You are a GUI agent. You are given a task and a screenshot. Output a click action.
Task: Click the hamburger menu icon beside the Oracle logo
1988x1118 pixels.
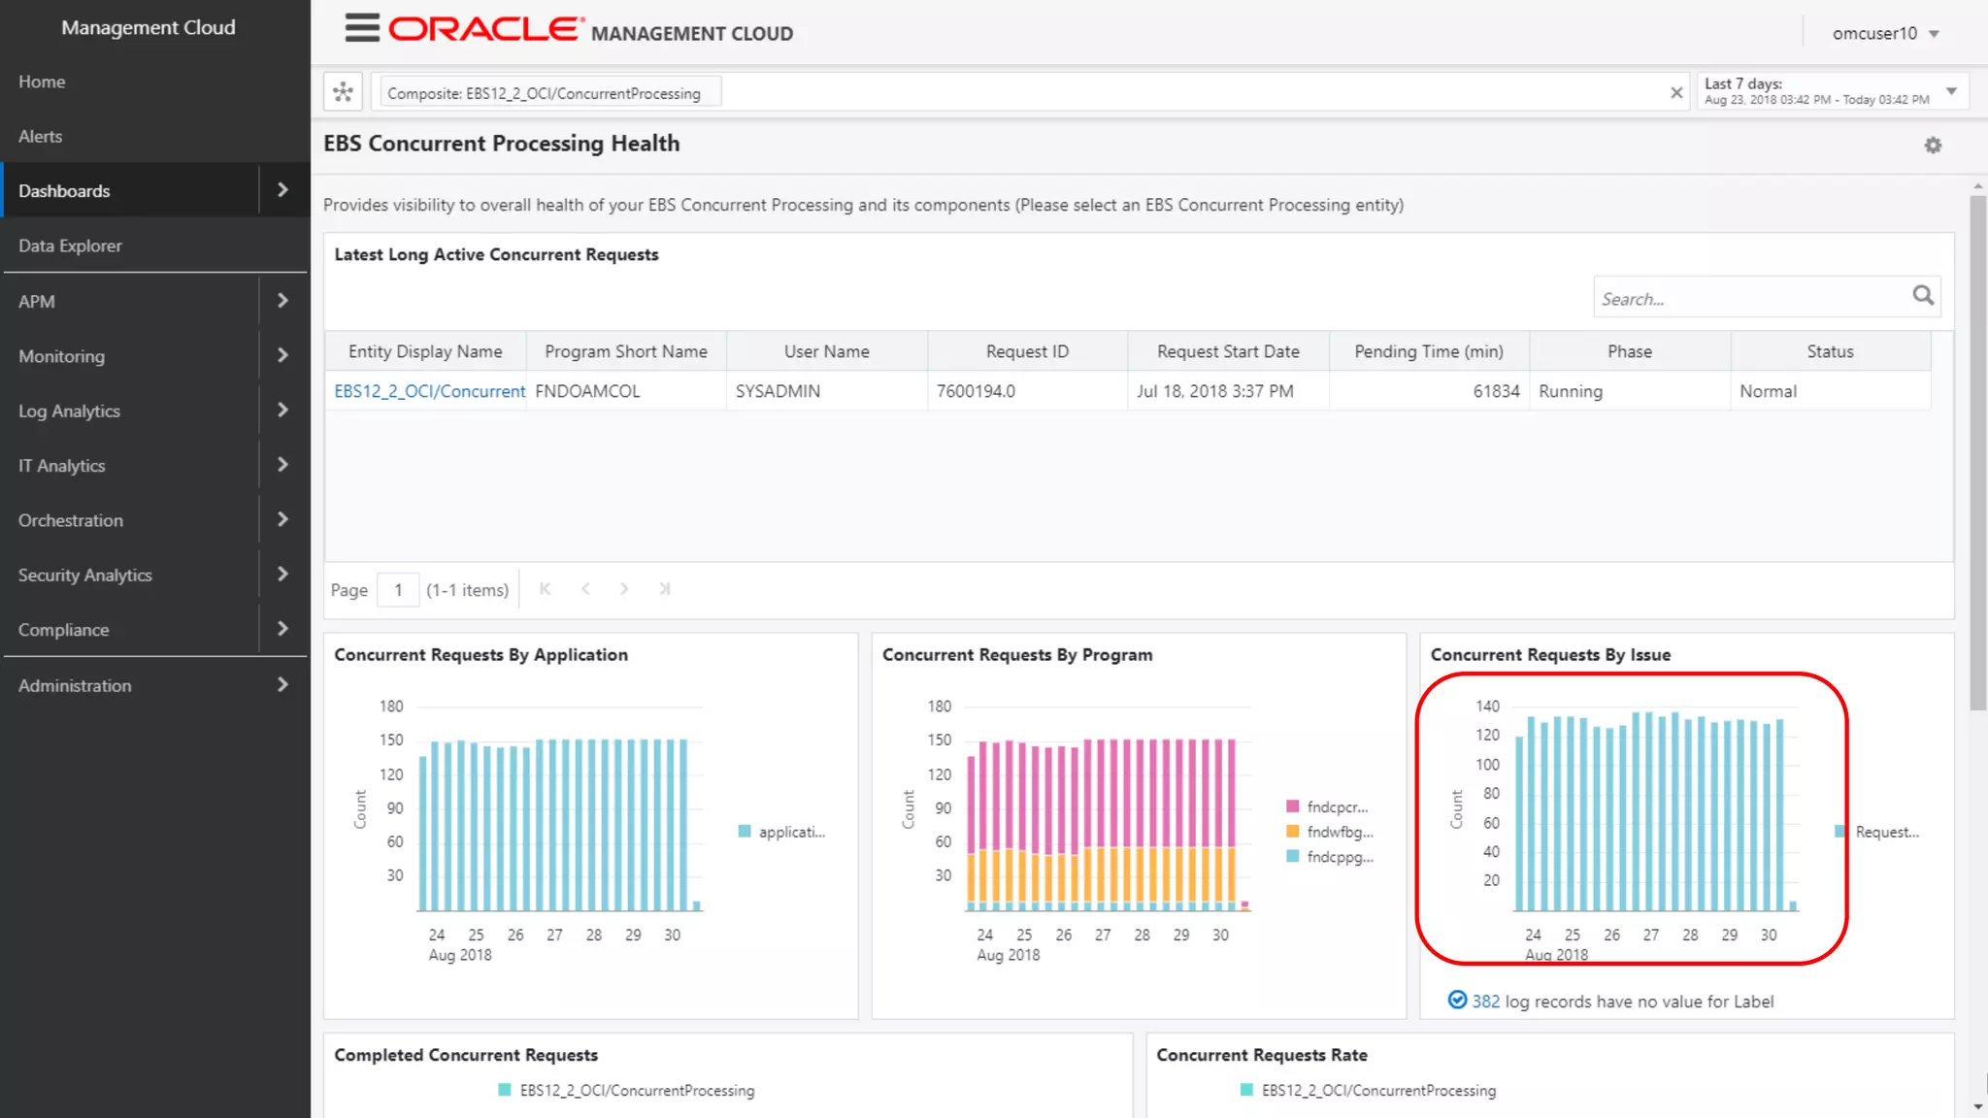point(361,28)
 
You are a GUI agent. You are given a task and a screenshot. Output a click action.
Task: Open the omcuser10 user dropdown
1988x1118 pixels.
point(1884,34)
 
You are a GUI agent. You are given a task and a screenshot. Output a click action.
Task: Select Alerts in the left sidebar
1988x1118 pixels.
point(41,137)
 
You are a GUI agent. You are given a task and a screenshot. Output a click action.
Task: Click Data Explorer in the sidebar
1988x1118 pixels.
point(70,247)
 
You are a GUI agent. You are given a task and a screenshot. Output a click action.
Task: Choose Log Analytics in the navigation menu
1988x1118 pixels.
point(69,411)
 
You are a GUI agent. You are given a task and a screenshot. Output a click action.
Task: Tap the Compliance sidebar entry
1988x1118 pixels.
point(63,630)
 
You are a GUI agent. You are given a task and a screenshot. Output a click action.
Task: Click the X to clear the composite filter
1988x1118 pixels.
point(1676,93)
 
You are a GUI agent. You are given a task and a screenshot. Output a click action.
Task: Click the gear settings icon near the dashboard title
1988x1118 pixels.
point(1933,146)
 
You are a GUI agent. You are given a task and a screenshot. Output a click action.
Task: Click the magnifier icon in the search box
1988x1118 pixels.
point(1923,296)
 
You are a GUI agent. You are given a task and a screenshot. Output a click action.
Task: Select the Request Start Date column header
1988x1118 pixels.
point(1228,352)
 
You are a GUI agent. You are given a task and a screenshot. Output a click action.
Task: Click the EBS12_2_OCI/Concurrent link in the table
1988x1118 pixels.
point(429,392)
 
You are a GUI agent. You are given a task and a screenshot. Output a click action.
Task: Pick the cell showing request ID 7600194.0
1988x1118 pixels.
point(976,392)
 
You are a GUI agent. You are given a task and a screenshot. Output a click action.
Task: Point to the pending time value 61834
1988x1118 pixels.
point(1496,392)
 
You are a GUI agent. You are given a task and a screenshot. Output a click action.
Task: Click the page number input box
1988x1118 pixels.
point(398,590)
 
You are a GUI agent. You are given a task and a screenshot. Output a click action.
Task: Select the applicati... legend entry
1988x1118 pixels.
point(790,833)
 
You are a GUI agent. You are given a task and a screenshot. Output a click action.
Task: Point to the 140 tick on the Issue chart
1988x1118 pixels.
point(1487,707)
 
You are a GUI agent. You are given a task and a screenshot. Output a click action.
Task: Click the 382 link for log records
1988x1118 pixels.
point(1485,1002)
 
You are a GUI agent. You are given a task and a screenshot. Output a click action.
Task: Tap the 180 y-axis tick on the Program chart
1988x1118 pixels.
point(939,707)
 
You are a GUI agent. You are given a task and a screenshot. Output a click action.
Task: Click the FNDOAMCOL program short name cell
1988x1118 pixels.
point(587,392)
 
